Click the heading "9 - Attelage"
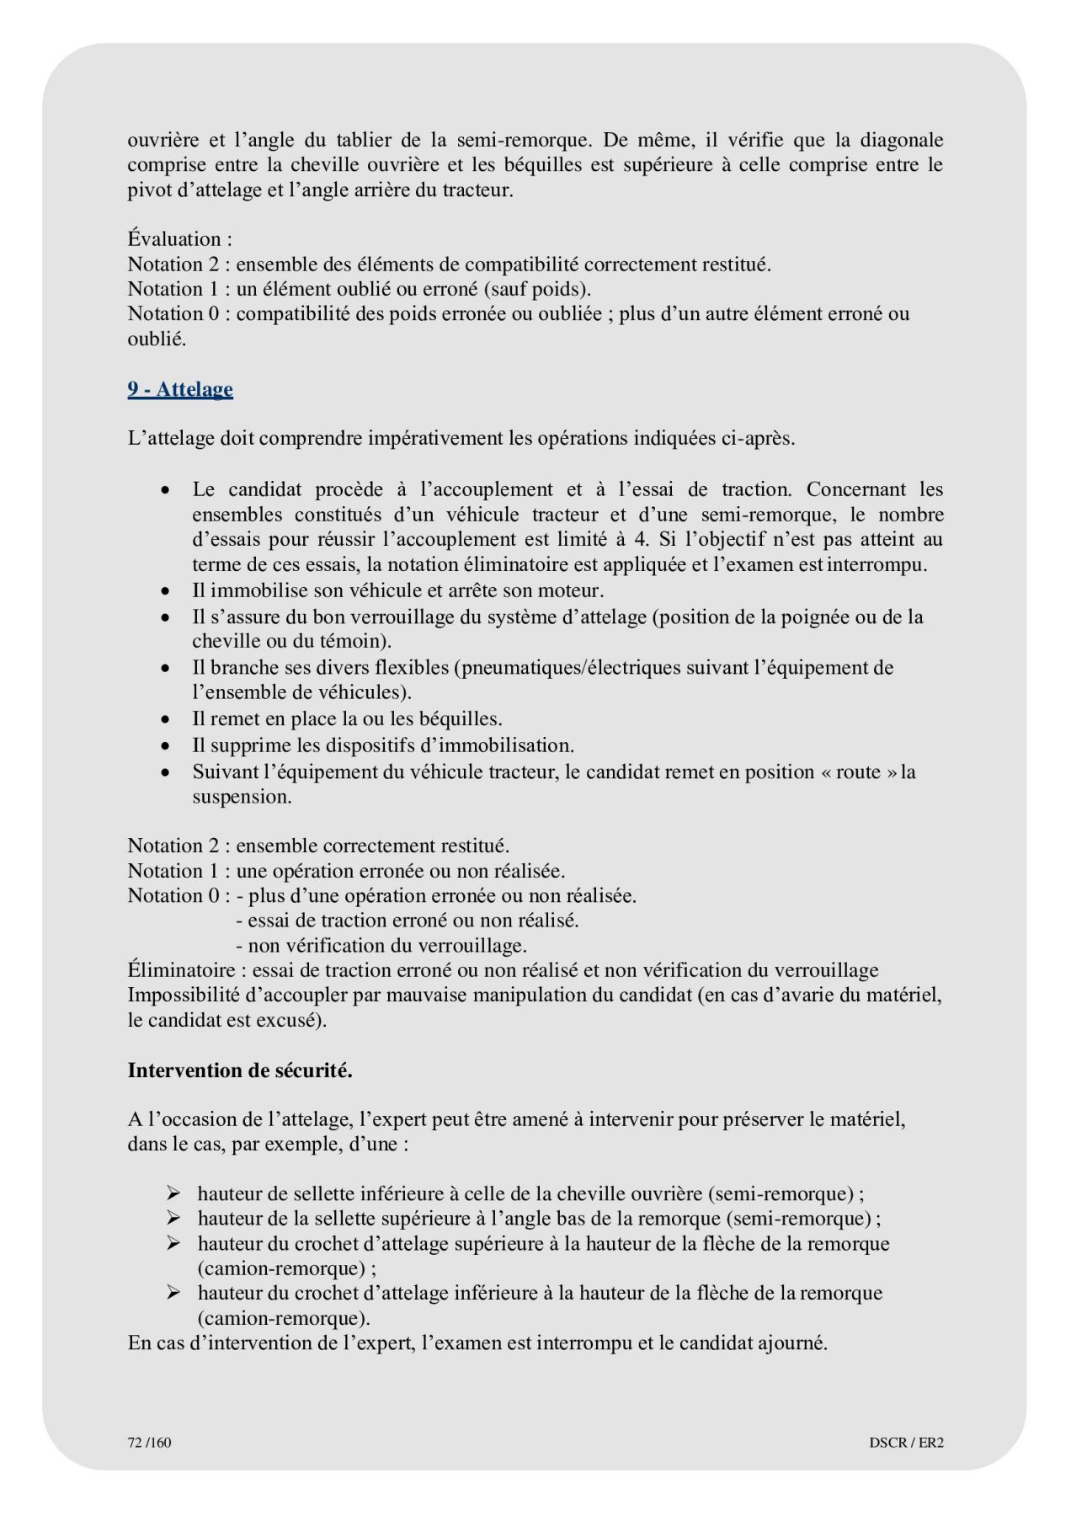(180, 389)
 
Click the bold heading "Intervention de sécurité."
(240, 1070)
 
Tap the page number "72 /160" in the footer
(149, 1443)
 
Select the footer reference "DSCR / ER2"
(906, 1443)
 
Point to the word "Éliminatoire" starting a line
(181, 970)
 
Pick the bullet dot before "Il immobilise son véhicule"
(168, 591)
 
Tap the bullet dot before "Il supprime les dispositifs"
(168, 746)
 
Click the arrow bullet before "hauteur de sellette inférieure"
(173, 1193)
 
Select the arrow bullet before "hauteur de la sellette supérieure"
(173, 1218)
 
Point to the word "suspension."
(242, 797)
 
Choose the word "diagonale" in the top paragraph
(901, 140)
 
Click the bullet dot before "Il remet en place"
(168, 720)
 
